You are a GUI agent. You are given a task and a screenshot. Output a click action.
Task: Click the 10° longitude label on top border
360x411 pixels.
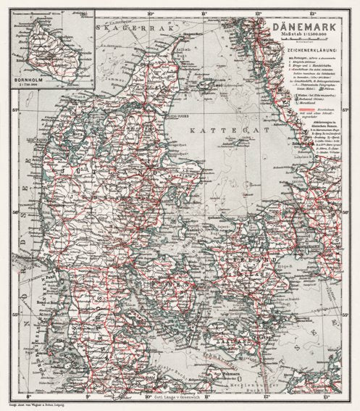(151, 12)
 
